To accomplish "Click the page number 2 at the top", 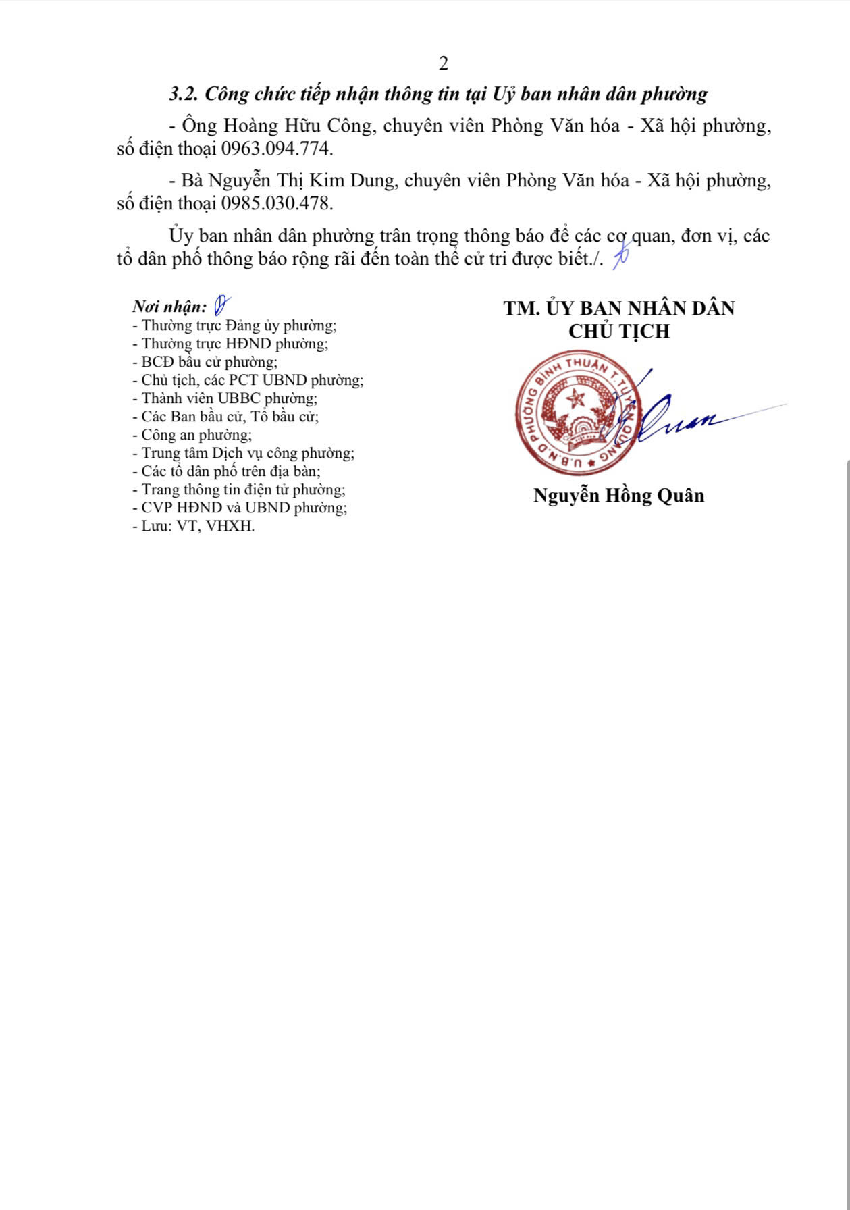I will (444, 63).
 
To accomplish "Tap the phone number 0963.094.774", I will (277, 149).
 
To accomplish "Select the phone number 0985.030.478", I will (277, 203).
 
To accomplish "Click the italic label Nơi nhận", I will (169, 307).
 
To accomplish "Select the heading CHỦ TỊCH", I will (618, 332).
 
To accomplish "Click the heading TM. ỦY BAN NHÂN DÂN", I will (618, 309).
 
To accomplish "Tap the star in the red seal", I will (576, 398).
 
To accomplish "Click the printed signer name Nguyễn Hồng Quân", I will (618, 496).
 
